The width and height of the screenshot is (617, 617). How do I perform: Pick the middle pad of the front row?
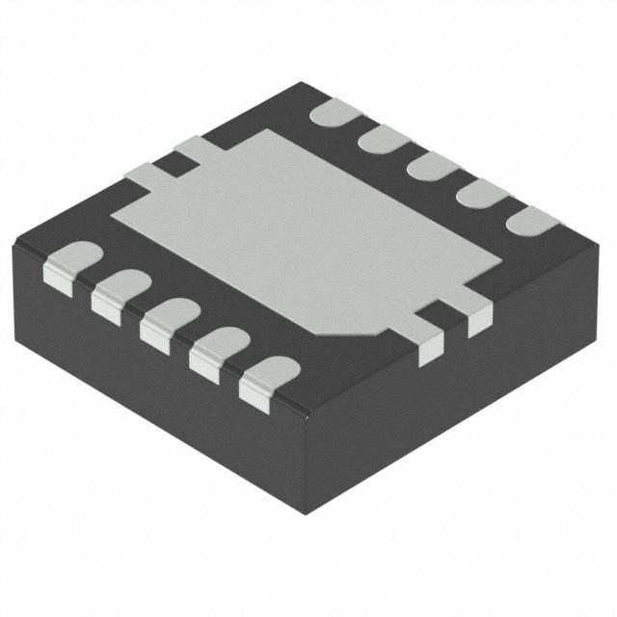click(170, 321)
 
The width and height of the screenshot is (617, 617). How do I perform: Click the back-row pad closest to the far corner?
click(335, 114)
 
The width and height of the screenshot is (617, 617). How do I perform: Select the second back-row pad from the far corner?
click(383, 140)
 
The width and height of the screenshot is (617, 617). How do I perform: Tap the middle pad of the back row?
click(431, 166)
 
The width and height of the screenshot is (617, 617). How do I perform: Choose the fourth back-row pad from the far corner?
click(479, 193)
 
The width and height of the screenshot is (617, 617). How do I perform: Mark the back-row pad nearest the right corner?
click(529, 221)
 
